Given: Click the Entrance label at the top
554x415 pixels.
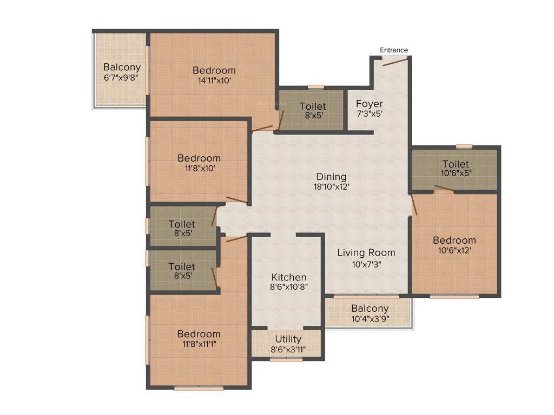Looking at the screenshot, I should tap(393, 50).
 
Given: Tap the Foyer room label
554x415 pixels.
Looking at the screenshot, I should tap(370, 104).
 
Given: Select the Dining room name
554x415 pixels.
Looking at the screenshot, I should tap(331, 177).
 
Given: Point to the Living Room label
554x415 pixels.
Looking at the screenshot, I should tap(366, 252).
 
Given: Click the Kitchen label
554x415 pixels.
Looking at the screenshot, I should tap(288, 277).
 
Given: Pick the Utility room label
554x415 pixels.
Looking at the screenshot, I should tap(288, 339).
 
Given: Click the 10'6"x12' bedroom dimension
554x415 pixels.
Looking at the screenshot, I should tap(454, 250).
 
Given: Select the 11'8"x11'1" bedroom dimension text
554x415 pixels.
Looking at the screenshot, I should tap(199, 344).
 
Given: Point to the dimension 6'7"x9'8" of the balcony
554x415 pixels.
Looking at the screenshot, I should tap(122, 78).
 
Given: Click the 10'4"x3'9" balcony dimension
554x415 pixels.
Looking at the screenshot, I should tap(370, 319).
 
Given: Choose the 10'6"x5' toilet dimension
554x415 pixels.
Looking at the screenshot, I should tap(456, 174).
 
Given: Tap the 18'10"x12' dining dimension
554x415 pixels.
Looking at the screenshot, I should tap(331, 187).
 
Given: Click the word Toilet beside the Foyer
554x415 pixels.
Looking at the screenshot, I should tap(313, 106).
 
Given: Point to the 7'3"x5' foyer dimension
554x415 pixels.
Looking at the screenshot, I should tap(370, 114).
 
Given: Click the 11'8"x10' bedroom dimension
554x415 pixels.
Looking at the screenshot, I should tap(199, 169).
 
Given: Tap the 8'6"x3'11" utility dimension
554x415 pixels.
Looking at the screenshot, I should tap(288, 349).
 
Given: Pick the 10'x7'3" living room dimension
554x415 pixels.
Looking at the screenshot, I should tap(366, 264).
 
